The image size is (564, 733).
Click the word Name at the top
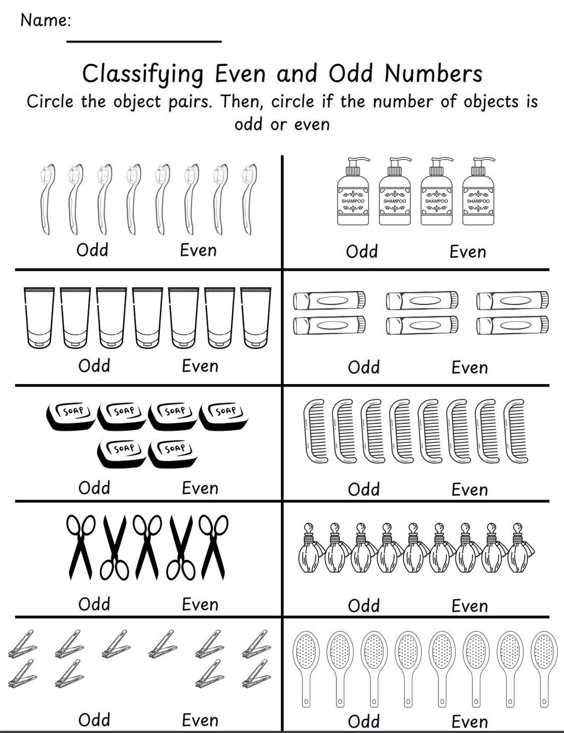coord(45,20)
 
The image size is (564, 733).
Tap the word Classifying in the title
coord(142,74)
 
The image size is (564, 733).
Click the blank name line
coord(143,42)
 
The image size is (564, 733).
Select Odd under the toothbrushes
coord(92,250)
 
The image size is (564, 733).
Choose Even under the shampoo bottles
coord(468,252)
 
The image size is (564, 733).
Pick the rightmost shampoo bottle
coord(478,193)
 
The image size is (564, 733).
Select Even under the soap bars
coord(200,489)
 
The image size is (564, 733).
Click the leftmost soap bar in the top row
coord(71,415)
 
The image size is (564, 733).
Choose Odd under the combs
coord(364,489)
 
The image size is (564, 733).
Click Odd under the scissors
coord(94,604)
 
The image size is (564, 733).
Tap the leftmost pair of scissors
coord(81,546)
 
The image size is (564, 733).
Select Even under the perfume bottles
coord(470,606)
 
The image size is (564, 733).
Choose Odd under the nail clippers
coord(94,720)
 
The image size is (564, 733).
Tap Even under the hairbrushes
coord(470,722)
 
